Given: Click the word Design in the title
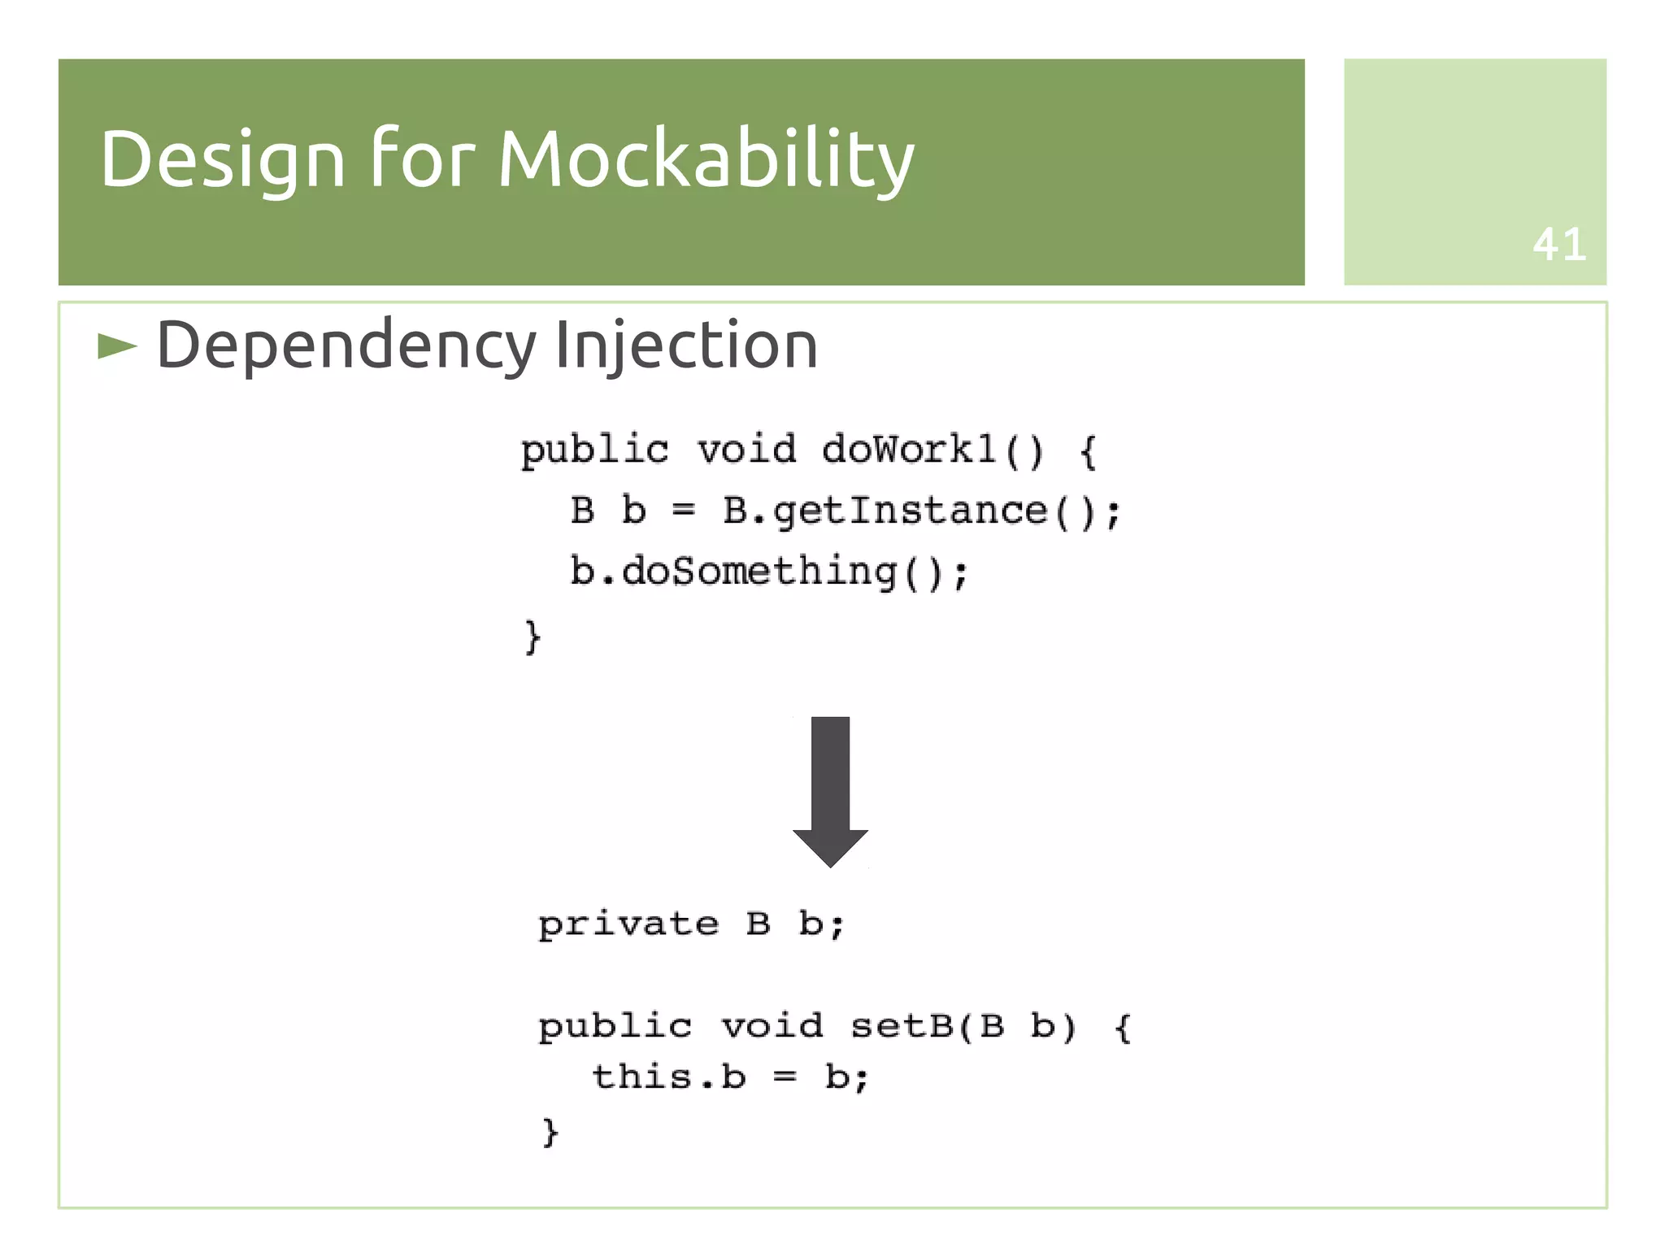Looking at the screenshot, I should pos(222,159).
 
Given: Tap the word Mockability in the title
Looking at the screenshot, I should pos(706,159).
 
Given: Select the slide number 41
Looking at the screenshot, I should pos(1558,245).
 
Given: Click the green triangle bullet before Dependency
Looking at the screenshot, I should pos(116,347).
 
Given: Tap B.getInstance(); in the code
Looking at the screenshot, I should pos(922,511).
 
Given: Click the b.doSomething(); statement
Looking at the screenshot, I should pos(769,572).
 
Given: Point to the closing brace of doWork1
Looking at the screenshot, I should pos(533,636).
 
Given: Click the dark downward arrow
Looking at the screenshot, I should pos(830,789).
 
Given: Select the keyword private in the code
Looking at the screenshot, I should pos(628,924).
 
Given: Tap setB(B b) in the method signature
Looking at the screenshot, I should pos(963,1026).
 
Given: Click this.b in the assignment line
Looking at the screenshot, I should pos(668,1077).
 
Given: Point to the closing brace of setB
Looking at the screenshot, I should pos(550,1131).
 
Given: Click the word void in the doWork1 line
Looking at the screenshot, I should pos(746,450).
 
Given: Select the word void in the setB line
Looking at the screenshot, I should pos(772,1026).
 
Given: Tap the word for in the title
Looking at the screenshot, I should pos(422,159).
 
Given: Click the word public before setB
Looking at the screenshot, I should pos(615,1026).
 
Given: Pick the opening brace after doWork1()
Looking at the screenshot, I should pos(1089,451).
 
